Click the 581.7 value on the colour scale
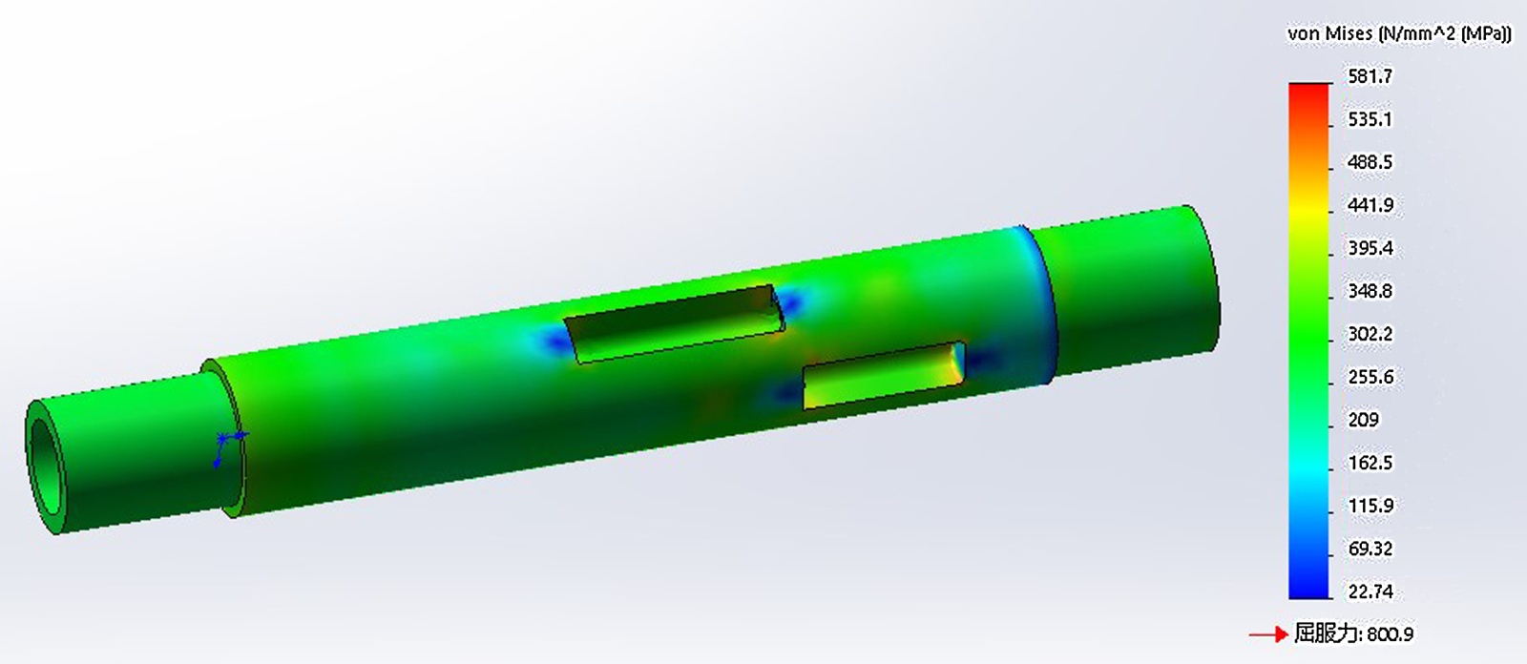[x=1370, y=75]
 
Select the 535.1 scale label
[x=1370, y=119]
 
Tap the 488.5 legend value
[x=1370, y=162]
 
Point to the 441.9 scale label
[x=1370, y=205]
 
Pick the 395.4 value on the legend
[x=1370, y=248]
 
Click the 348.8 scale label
[x=1370, y=291]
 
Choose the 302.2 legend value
[x=1370, y=334]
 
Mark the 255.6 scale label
[x=1370, y=377]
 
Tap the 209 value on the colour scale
[x=1364, y=420]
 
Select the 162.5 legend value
[x=1370, y=463]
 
